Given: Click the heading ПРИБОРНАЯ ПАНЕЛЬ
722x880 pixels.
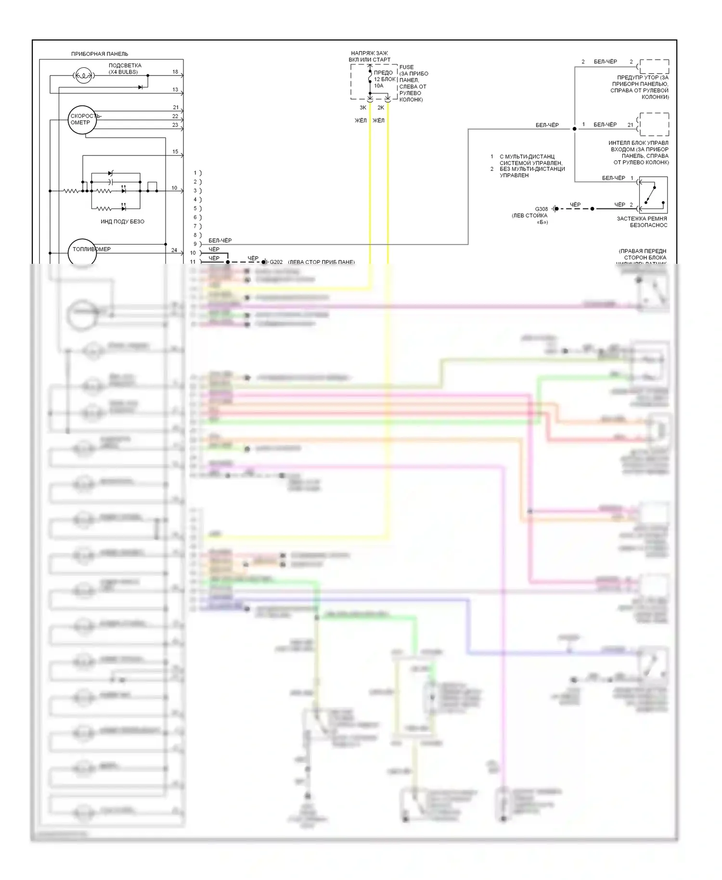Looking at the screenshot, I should point(100,54).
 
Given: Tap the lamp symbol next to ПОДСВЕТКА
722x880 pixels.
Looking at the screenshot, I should point(83,75).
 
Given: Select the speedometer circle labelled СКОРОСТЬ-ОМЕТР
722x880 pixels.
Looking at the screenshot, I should point(82,119).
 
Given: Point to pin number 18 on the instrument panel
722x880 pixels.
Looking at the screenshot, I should point(175,72).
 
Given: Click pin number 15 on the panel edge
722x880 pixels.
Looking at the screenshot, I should point(175,152).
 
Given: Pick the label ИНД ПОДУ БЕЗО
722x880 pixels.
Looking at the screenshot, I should point(122,221).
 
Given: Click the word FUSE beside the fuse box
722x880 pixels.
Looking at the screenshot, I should point(406,67).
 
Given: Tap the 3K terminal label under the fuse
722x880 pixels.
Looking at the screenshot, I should point(363,108).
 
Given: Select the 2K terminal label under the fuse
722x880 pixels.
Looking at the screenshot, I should point(381,108).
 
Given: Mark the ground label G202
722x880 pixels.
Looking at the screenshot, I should point(276,262).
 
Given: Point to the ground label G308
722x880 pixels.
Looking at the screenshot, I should point(541,209).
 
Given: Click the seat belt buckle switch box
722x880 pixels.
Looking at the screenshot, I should point(653,195).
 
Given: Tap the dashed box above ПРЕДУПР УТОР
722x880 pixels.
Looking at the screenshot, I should point(654,66).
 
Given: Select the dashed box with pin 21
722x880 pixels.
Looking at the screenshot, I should point(654,125).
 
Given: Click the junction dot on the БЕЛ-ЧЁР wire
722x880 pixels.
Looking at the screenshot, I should point(574,129).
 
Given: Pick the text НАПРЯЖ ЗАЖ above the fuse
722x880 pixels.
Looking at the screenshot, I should point(369,53).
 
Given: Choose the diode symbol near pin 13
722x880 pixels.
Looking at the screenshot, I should point(141,87).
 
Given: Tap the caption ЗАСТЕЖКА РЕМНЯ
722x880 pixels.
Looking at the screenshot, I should point(642,219).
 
